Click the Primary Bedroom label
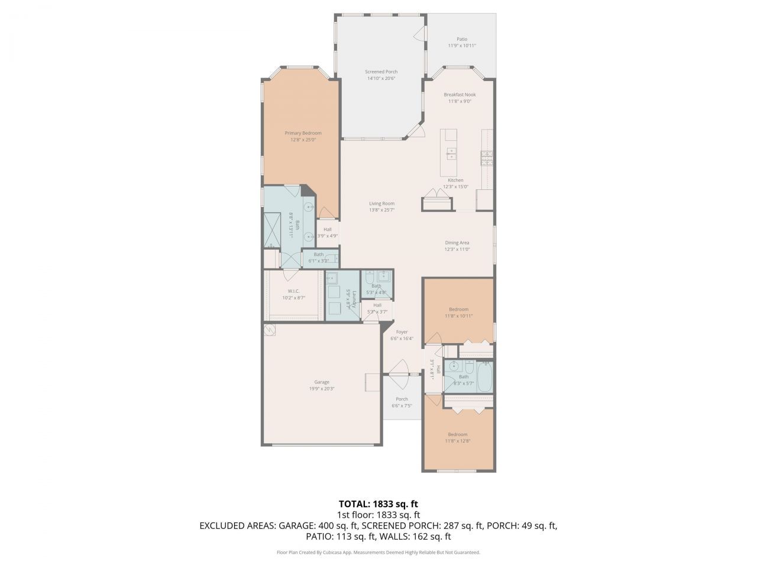[x=303, y=133]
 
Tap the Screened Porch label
[x=381, y=72]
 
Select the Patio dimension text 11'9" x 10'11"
[x=461, y=46]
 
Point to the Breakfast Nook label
[x=460, y=94]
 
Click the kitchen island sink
[x=451, y=154]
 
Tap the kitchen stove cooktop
[x=487, y=158]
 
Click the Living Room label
[x=381, y=203]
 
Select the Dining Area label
[x=457, y=243]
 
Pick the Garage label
[x=322, y=382]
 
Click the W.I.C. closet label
[x=293, y=291]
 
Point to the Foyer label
[x=402, y=332]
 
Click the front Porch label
[x=402, y=399]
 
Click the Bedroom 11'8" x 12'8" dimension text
[x=457, y=441]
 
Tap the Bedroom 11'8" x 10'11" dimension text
[x=458, y=316]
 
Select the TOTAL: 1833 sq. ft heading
[x=378, y=504]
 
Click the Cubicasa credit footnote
[x=378, y=552]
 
